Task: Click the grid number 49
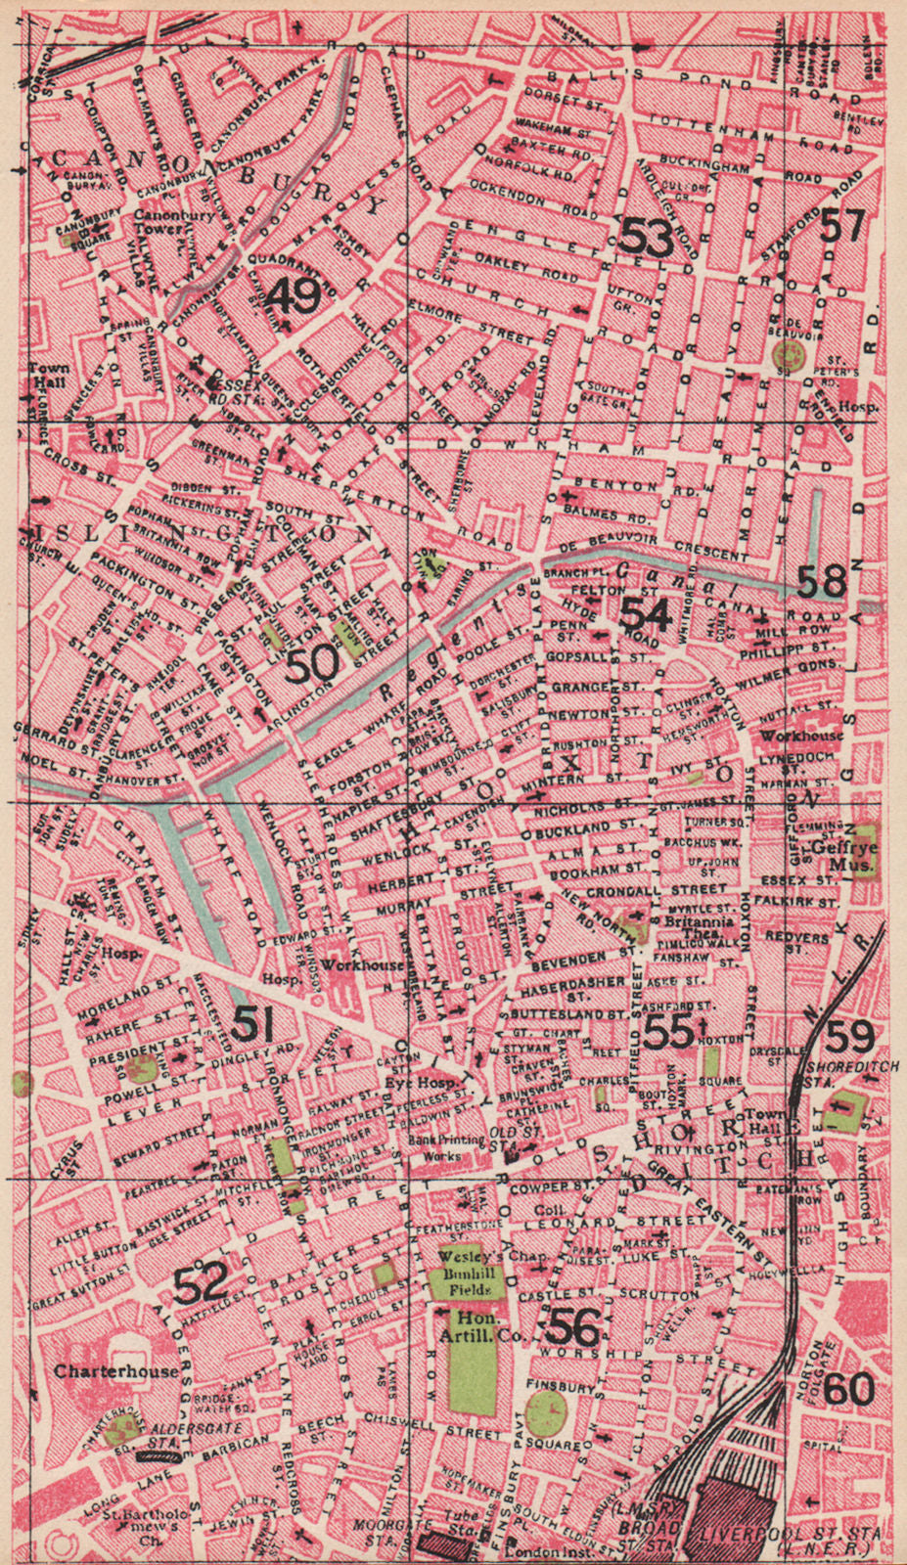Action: pyautogui.click(x=294, y=294)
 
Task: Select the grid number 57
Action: pyautogui.click(x=842, y=226)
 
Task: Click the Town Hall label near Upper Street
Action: pyautogui.click(x=47, y=375)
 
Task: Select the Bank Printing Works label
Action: pyautogui.click(x=446, y=1146)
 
